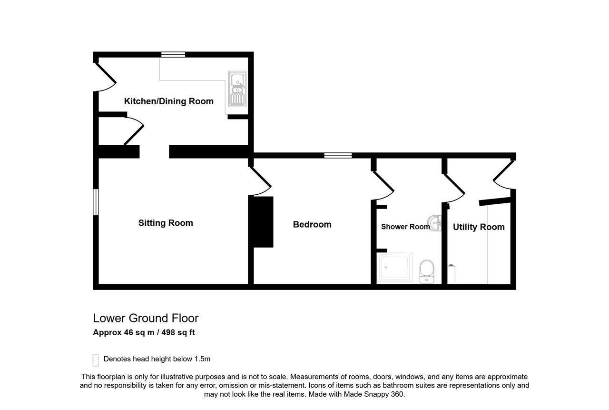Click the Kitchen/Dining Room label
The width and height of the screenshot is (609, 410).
pos(168,101)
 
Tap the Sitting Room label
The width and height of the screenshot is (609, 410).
pos(166,223)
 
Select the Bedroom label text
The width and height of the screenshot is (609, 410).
pos(312,224)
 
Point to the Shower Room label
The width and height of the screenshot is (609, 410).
pos(405,227)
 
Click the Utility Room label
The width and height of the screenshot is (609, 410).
pos(479,227)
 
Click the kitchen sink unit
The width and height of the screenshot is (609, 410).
pos(237,89)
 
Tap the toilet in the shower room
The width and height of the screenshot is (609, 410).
pos(427,271)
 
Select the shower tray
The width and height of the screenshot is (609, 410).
pos(394,268)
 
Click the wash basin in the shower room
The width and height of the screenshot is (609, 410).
pos(434,223)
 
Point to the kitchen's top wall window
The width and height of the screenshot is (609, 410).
pos(173,55)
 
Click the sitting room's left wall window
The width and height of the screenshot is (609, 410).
pos(96,202)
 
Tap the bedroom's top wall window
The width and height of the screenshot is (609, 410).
pos(338,155)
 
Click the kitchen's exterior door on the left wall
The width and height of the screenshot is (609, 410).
pos(105,78)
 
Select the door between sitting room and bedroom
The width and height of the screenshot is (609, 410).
pos(260,181)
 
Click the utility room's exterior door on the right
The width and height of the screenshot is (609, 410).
pos(503,174)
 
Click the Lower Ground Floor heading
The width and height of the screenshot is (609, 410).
pos(146,318)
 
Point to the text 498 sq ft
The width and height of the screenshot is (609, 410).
pos(178,332)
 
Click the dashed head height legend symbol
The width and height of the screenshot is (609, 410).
pos(96,360)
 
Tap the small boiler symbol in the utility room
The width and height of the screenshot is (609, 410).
pos(452,274)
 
